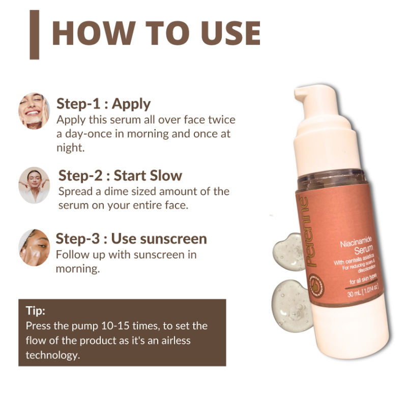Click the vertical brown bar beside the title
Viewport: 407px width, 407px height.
(35, 35)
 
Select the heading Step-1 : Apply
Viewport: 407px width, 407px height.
(103, 104)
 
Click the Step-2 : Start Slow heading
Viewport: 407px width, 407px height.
(120, 176)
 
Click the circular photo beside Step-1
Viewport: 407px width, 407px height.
(34, 110)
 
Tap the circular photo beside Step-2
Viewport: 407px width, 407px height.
(34, 185)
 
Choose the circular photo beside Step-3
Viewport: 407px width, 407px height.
(34, 248)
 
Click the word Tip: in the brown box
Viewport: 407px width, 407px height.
(36, 311)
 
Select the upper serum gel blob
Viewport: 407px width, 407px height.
(289, 252)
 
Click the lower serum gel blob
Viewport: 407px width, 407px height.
(292, 306)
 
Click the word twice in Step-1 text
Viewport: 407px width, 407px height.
(222, 120)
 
